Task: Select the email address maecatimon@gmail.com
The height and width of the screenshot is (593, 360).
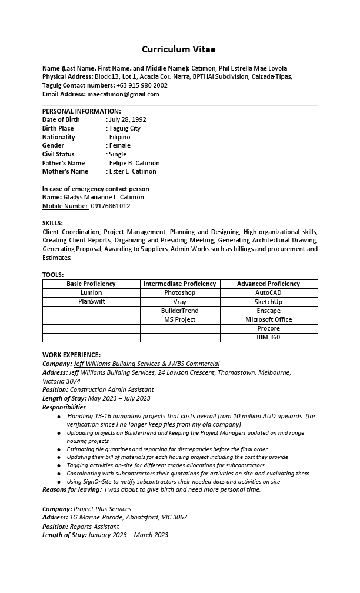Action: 123,94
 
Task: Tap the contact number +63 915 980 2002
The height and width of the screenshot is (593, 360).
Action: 142,85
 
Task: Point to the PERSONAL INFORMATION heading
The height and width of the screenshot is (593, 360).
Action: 81,111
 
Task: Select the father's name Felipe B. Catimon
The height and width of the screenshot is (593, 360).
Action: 134,163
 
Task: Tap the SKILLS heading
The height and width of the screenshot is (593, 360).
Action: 52,223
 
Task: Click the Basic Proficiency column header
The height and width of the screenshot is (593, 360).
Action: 91,284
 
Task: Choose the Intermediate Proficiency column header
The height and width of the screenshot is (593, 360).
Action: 179,284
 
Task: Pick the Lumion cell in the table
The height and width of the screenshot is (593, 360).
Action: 91,292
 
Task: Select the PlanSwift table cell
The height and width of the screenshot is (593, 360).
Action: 91,301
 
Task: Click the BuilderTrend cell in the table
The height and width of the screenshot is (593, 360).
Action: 179,311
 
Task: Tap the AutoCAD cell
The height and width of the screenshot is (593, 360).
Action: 268,292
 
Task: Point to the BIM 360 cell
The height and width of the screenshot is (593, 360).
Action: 268,337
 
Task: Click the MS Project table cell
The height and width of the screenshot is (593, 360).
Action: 179,319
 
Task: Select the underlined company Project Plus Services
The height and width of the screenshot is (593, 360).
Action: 102,509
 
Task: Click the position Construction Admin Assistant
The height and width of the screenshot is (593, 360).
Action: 112,389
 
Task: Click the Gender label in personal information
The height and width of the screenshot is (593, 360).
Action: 53,145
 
